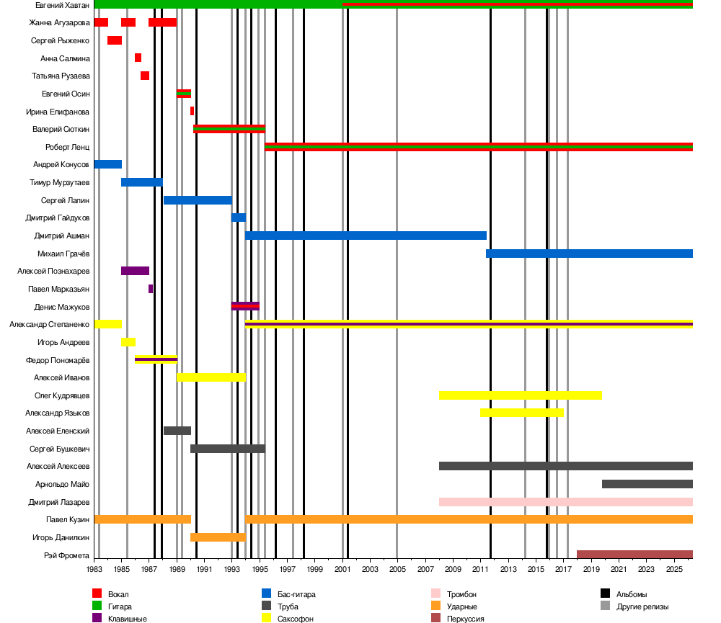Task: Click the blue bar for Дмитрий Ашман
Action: [366, 236]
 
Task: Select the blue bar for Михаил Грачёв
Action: [589, 254]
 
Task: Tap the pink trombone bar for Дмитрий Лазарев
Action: [565, 502]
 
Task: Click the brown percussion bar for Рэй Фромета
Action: [634, 555]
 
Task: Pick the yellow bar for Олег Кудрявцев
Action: [520, 395]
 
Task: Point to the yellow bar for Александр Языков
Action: [521, 413]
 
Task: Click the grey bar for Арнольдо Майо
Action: [647, 484]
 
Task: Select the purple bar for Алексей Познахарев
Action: [135, 271]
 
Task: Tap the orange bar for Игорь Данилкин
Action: [218, 537]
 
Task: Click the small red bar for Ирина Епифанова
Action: [192, 111]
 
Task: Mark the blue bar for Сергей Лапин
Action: [198, 200]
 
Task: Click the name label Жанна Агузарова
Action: [59, 22]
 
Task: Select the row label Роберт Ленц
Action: [67, 147]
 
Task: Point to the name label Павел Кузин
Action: [68, 519]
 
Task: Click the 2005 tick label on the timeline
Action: [397, 570]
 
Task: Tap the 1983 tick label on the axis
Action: [94, 570]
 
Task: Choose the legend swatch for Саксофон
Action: [266, 618]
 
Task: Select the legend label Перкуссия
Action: [465, 619]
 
